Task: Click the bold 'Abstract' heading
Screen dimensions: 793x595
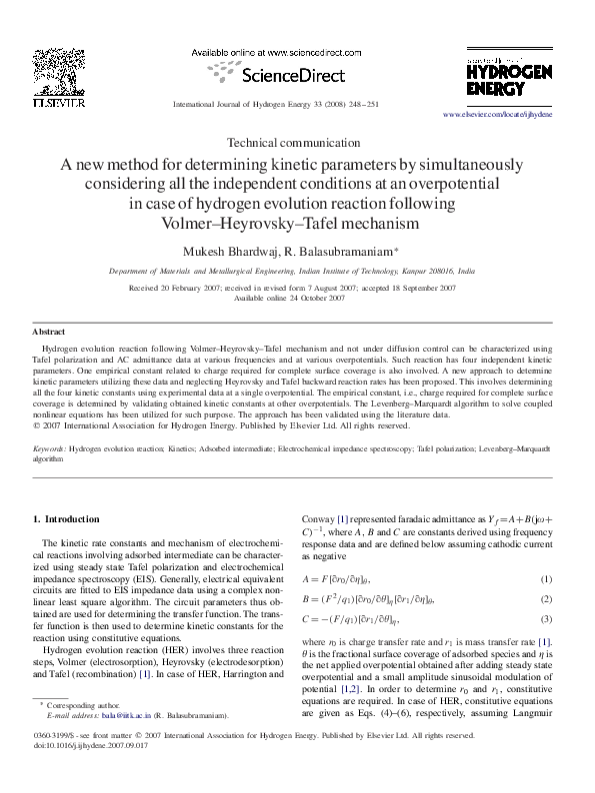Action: tap(49, 331)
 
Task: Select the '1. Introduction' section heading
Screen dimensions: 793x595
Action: tap(67, 518)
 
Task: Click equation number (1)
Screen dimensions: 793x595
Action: tap(546, 579)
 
